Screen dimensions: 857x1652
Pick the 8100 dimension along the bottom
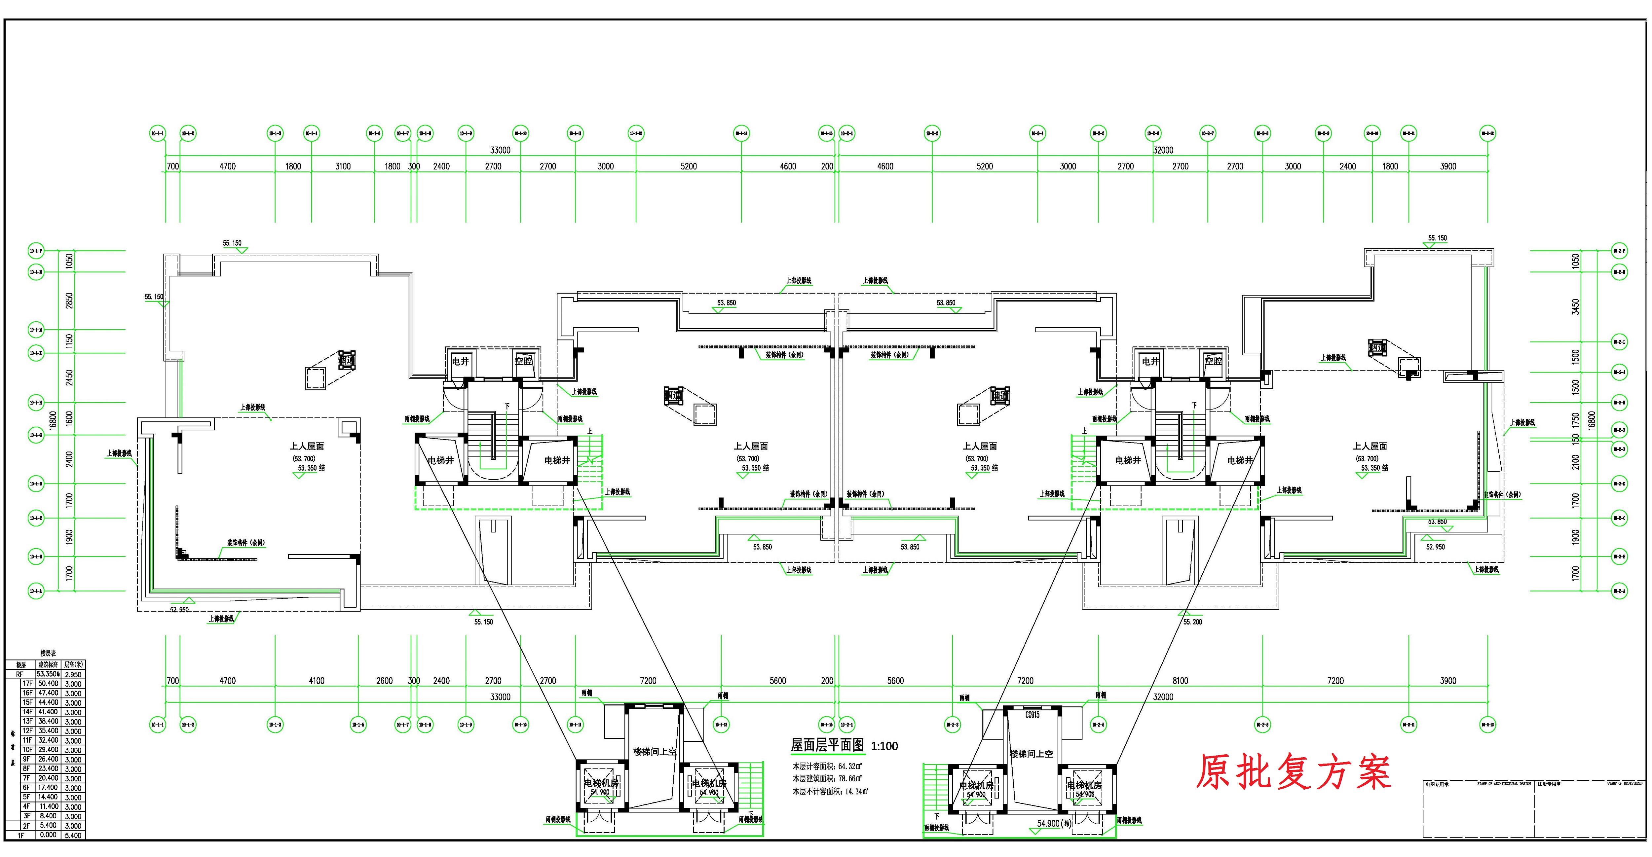[x=1180, y=681]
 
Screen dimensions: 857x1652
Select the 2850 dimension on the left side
[x=69, y=300]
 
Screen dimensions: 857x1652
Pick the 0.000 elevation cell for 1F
[x=48, y=835]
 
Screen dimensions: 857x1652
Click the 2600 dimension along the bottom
[x=384, y=681]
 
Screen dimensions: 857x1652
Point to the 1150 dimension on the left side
[x=69, y=341]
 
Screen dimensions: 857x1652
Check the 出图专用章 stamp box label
[x=1437, y=784]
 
